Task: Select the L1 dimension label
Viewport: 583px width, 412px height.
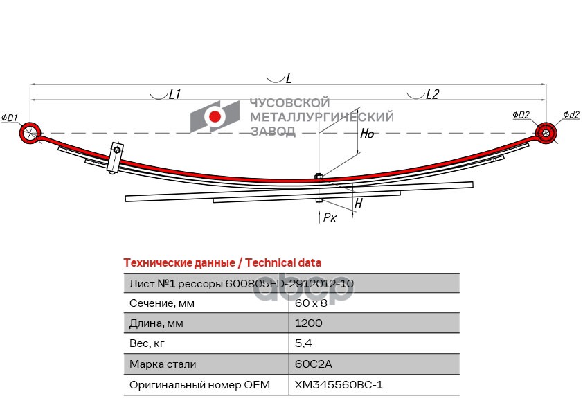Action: click(174, 95)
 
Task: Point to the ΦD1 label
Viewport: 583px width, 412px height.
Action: click(10, 118)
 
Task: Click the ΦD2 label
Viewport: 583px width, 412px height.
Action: click(521, 114)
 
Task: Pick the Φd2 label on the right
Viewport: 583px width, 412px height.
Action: click(571, 114)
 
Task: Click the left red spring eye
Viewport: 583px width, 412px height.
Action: click(30, 133)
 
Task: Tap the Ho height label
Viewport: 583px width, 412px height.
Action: click(367, 134)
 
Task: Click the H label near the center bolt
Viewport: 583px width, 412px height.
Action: click(358, 204)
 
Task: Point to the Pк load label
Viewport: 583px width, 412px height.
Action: click(330, 217)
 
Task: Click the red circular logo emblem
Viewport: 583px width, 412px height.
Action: click(215, 117)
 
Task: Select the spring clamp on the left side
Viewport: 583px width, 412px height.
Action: click(115, 159)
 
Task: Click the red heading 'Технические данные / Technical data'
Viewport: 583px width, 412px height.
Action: click(222, 262)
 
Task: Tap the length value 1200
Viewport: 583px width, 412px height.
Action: click(309, 323)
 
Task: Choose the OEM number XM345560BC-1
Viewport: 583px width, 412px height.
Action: click(339, 384)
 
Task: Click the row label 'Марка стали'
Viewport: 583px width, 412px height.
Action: click(163, 364)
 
